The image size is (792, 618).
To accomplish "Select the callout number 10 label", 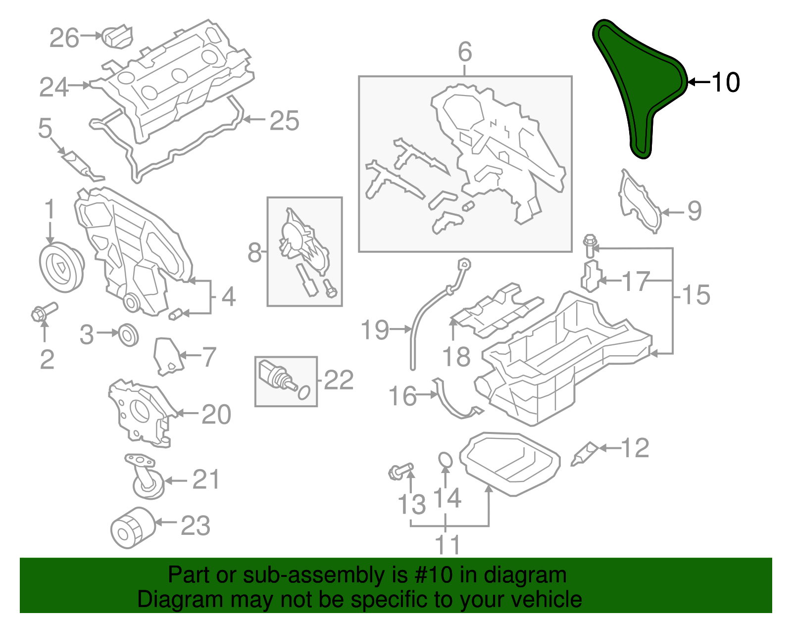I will click(726, 82).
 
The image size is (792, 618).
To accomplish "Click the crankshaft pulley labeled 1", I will click(61, 268).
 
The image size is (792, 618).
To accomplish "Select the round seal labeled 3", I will click(129, 334).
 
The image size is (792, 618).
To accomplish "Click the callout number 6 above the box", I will click(465, 51).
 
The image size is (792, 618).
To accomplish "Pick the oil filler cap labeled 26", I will click(117, 37).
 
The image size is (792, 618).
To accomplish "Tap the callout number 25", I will click(284, 121).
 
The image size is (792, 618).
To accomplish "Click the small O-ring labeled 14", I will click(445, 460).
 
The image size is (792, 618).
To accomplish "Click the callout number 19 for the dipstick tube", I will click(375, 330).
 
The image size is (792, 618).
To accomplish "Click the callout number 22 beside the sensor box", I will click(339, 380).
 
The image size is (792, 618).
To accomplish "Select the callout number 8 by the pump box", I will click(254, 253).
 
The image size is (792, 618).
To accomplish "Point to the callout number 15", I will click(696, 295).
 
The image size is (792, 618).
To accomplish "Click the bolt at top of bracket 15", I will click(590, 245).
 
